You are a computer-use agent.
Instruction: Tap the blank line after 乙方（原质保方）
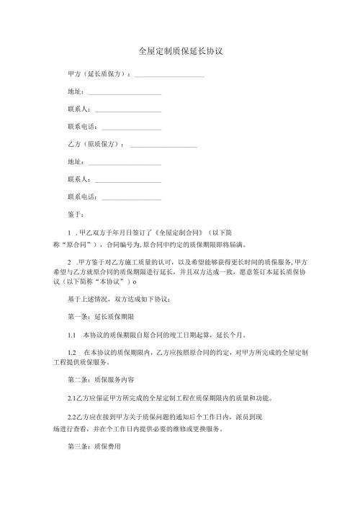click(x=164, y=146)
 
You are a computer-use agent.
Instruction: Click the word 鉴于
click(x=75, y=214)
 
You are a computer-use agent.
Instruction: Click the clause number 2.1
click(x=71, y=397)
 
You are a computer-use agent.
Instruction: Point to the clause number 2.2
click(x=71, y=417)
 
